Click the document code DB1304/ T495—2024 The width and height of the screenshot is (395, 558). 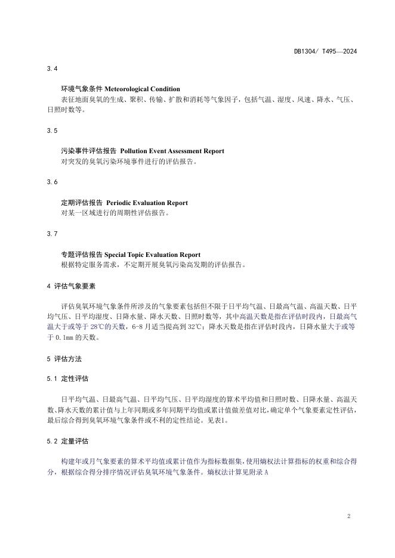click(325, 51)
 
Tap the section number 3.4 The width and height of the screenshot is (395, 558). click(52, 69)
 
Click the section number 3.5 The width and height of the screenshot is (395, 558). click(52, 130)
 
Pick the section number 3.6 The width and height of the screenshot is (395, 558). click(52, 181)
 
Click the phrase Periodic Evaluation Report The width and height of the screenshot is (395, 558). click(147, 203)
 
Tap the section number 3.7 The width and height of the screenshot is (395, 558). click(52, 234)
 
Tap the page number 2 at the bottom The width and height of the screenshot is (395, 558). click(348, 516)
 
